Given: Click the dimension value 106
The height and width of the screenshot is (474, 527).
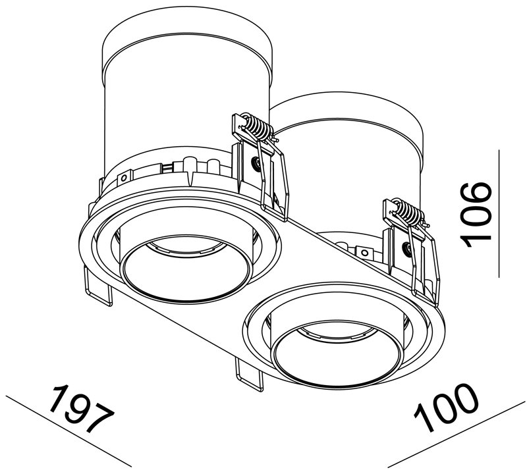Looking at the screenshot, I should (x=476, y=215).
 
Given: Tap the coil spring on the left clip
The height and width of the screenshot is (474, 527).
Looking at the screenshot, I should (x=254, y=126).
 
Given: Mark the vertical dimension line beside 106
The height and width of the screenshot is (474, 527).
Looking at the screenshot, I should (x=499, y=214).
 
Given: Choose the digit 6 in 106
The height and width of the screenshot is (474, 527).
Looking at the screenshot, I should (x=476, y=195).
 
